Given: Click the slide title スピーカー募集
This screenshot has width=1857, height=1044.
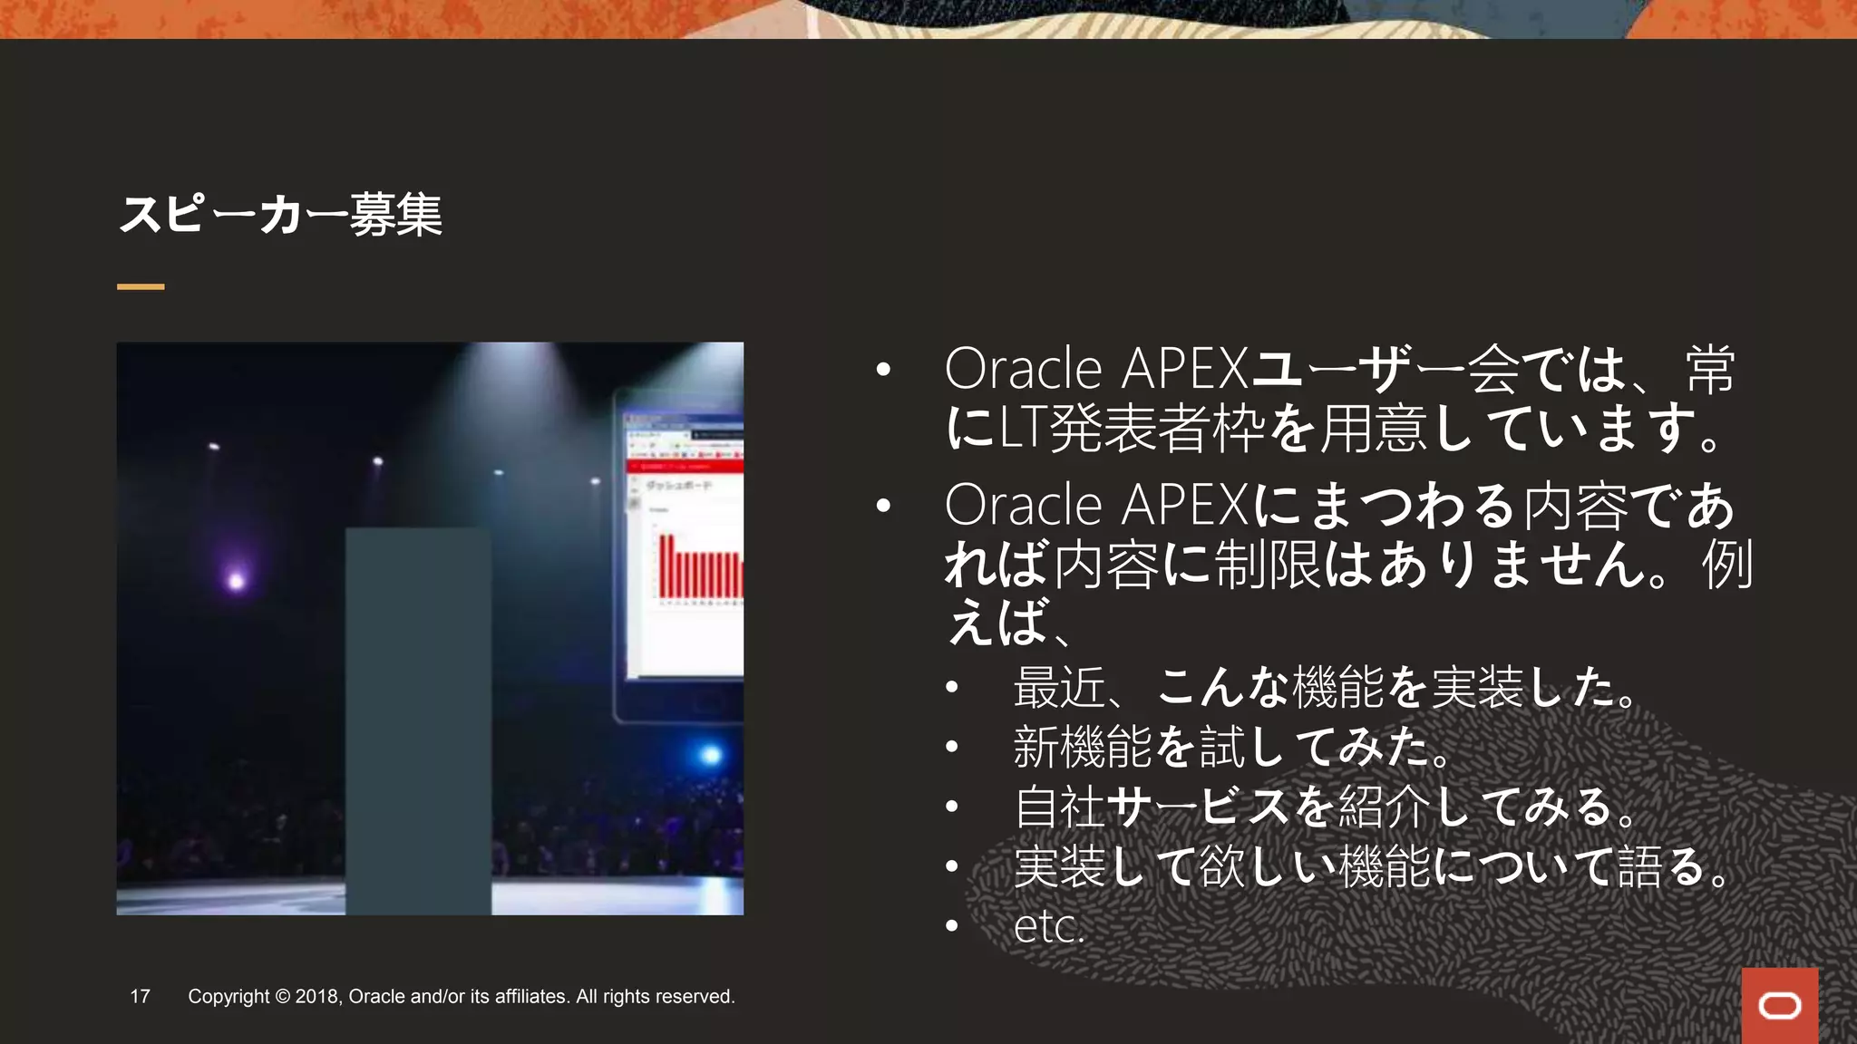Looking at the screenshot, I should click(x=280, y=216).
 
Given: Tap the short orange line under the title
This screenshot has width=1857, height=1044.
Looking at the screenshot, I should click(x=141, y=286).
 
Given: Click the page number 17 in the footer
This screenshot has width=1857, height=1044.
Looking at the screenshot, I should click(x=140, y=997).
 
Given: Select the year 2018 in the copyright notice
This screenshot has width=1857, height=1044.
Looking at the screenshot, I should click(x=316, y=997).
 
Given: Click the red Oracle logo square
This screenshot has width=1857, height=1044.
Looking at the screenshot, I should click(x=1779, y=1005).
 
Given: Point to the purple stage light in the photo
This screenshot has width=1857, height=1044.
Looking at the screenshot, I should click(x=236, y=580).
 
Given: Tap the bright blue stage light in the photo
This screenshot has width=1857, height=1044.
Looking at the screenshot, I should click(x=711, y=754).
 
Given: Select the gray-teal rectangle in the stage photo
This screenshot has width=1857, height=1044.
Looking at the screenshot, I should click(x=418, y=720).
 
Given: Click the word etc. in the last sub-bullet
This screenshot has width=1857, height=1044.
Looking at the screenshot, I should click(x=1049, y=926).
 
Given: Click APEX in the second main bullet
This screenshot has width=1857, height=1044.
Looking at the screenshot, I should click(x=1185, y=505).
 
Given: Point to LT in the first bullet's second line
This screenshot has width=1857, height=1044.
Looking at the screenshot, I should click(x=1023, y=429).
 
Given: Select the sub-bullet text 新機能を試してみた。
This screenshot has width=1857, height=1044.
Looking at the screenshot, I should click(x=1233, y=746).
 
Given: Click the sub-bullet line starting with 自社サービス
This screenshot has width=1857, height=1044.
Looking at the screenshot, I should click(x=1324, y=807).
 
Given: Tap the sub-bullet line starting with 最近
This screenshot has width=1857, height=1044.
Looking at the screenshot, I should click(x=1324, y=686).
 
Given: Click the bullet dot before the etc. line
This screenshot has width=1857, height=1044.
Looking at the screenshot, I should click(x=951, y=926).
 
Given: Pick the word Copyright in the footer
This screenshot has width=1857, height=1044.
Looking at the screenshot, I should click(x=228, y=997).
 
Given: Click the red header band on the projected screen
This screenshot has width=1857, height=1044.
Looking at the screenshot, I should click(x=685, y=466).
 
